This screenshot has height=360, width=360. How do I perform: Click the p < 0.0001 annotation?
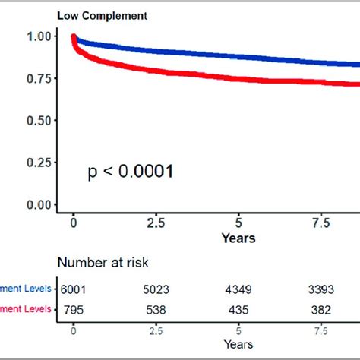point(130,172)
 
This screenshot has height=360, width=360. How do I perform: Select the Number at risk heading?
point(107,263)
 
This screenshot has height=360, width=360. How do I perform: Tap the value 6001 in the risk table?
point(74,289)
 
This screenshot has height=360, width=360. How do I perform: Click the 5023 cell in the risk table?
point(156,289)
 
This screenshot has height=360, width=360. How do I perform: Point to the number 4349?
point(239,289)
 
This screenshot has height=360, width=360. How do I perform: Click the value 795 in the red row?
point(74,308)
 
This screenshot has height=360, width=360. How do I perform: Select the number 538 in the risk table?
point(156,308)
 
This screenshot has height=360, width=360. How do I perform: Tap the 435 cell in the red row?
point(239,308)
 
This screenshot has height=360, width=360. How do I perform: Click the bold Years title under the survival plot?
point(238,238)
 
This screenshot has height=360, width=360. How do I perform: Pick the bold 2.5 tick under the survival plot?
point(156,224)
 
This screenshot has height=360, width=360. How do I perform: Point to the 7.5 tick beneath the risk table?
point(322,332)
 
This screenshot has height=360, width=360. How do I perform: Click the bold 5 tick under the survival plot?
point(239,224)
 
